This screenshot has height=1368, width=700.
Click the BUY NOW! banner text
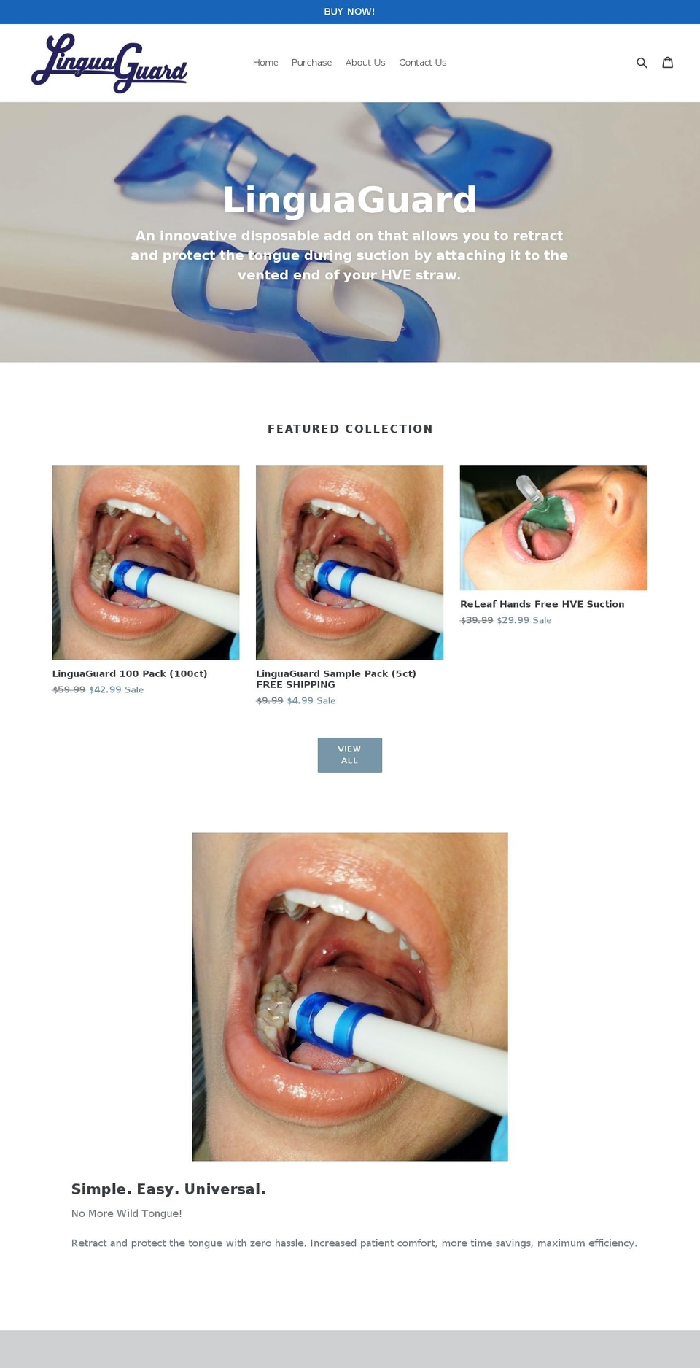click(349, 12)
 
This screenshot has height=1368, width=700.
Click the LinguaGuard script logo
click(109, 63)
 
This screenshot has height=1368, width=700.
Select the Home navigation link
click(265, 63)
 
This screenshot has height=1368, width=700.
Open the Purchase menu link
click(311, 63)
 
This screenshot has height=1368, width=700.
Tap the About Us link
click(365, 63)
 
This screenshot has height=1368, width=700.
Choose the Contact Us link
click(422, 63)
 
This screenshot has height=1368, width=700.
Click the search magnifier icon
click(642, 63)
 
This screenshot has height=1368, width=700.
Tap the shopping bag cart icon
click(667, 63)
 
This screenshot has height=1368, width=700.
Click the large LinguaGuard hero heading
click(349, 200)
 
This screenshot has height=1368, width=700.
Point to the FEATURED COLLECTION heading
click(350, 429)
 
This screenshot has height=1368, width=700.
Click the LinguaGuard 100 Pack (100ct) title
click(130, 673)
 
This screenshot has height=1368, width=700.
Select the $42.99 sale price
click(105, 689)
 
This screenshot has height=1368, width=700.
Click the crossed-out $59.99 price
click(69, 689)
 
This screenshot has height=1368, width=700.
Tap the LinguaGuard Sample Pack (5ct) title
click(336, 673)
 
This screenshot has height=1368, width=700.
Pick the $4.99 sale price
click(300, 700)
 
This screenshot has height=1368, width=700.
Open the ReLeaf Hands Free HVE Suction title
click(542, 604)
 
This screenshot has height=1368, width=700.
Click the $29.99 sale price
click(513, 620)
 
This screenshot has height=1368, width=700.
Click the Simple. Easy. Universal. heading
click(168, 1189)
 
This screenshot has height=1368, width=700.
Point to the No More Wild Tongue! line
click(126, 1213)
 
